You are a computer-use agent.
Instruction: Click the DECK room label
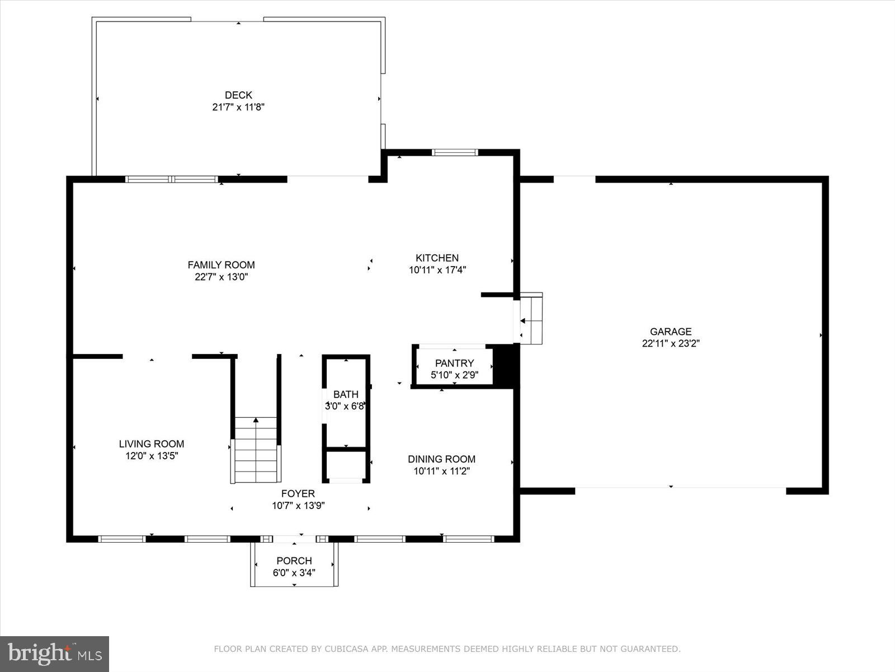point(238,95)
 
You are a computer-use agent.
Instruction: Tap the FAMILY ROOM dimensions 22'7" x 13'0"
point(221,277)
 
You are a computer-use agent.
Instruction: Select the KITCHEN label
point(437,258)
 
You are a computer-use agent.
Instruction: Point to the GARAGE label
point(671,332)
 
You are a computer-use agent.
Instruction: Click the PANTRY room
point(454,367)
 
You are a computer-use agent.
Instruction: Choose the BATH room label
point(346,394)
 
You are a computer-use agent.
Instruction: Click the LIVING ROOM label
point(151,444)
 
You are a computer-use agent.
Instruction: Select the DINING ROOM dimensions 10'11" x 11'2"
point(441,471)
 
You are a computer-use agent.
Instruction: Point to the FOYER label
point(298,493)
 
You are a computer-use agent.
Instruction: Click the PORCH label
point(294,561)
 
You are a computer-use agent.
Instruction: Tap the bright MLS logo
point(54,654)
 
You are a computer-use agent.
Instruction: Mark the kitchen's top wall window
point(455,152)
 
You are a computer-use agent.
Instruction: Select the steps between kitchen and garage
point(531,318)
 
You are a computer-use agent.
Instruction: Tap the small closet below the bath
point(346,465)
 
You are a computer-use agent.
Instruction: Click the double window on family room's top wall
point(171,180)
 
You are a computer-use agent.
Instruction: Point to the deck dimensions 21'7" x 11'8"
point(238,107)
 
